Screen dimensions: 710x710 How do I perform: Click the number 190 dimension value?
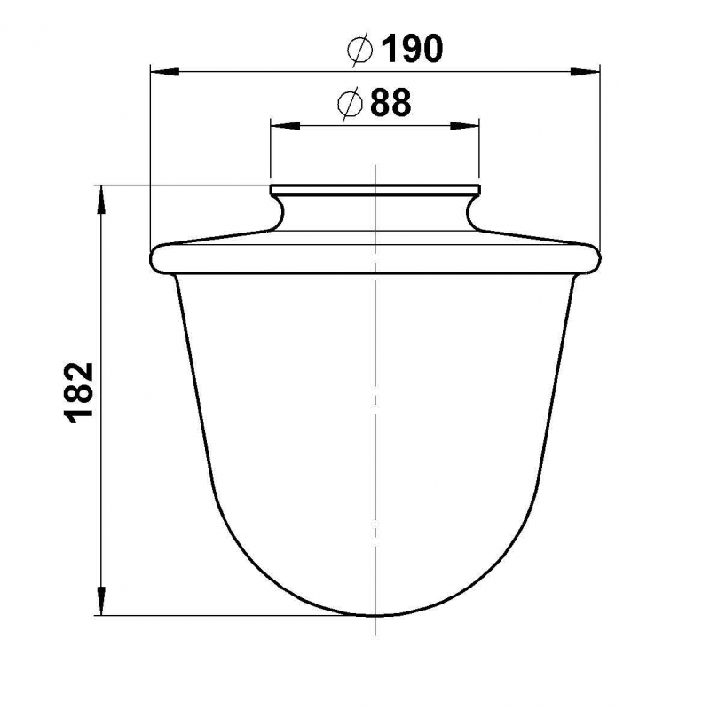click(x=412, y=49)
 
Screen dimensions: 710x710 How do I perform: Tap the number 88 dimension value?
click(x=390, y=102)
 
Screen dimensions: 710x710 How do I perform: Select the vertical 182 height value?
click(x=80, y=393)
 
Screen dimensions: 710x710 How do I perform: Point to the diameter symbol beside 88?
click(x=350, y=104)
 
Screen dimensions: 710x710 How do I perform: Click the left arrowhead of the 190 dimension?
click(x=165, y=72)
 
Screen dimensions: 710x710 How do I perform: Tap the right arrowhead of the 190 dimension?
click(x=585, y=72)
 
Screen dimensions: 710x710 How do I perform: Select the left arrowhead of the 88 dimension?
click(x=285, y=125)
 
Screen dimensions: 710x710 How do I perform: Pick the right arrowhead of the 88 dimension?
click(x=464, y=125)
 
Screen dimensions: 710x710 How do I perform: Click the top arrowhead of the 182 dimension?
click(x=101, y=200)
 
